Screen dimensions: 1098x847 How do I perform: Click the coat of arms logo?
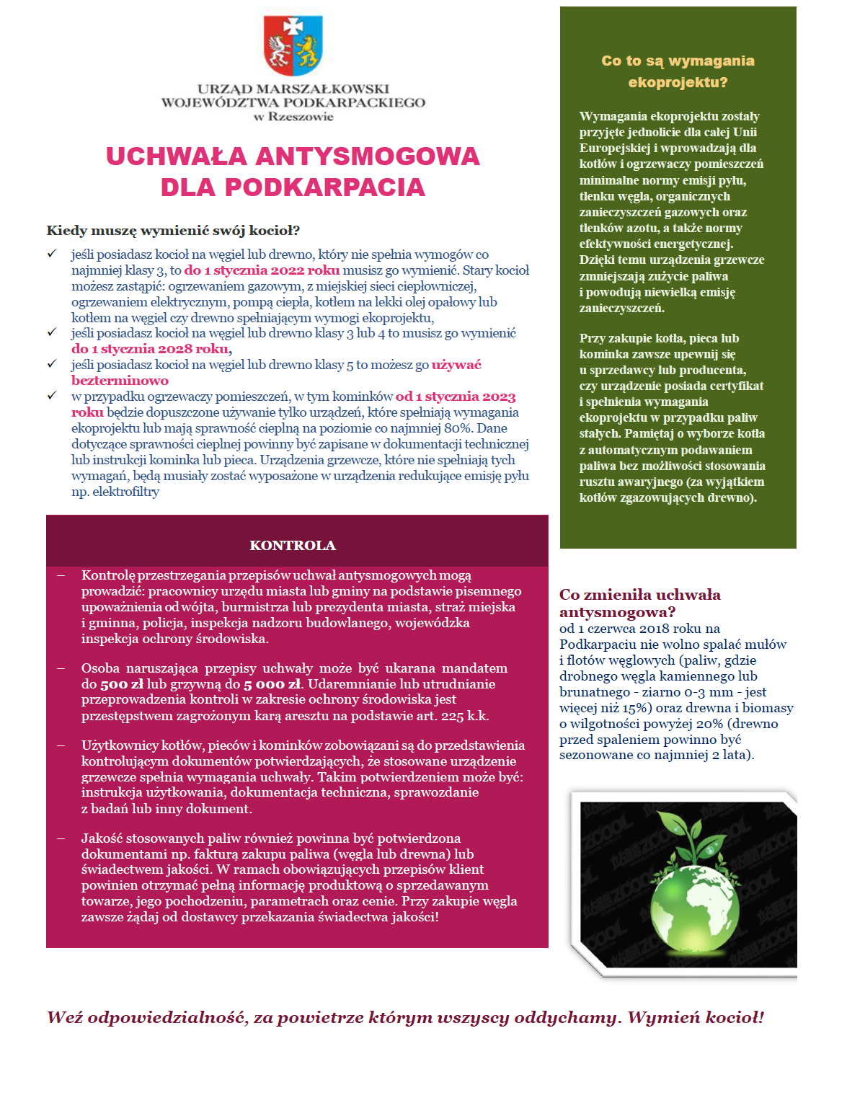click(x=293, y=45)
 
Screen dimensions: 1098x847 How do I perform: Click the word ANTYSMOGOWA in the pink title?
click(x=368, y=156)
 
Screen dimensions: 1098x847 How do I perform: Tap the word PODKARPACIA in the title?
click(x=324, y=187)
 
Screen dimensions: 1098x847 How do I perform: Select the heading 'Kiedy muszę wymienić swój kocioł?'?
click(x=173, y=231)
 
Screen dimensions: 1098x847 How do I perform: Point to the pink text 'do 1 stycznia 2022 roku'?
click(x=262, y=270)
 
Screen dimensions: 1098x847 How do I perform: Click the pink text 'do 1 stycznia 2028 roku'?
click(x=151, y=349)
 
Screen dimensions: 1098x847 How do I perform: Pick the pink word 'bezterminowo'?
click(x=120, y=381)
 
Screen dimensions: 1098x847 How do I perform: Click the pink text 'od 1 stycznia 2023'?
click(x=456, y=397)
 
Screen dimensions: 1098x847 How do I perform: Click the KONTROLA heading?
click(x=293, y=546)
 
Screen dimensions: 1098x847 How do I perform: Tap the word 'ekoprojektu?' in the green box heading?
click(x=678, y=82)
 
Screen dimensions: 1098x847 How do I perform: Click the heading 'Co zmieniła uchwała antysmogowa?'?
click(x=639, y=603)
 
